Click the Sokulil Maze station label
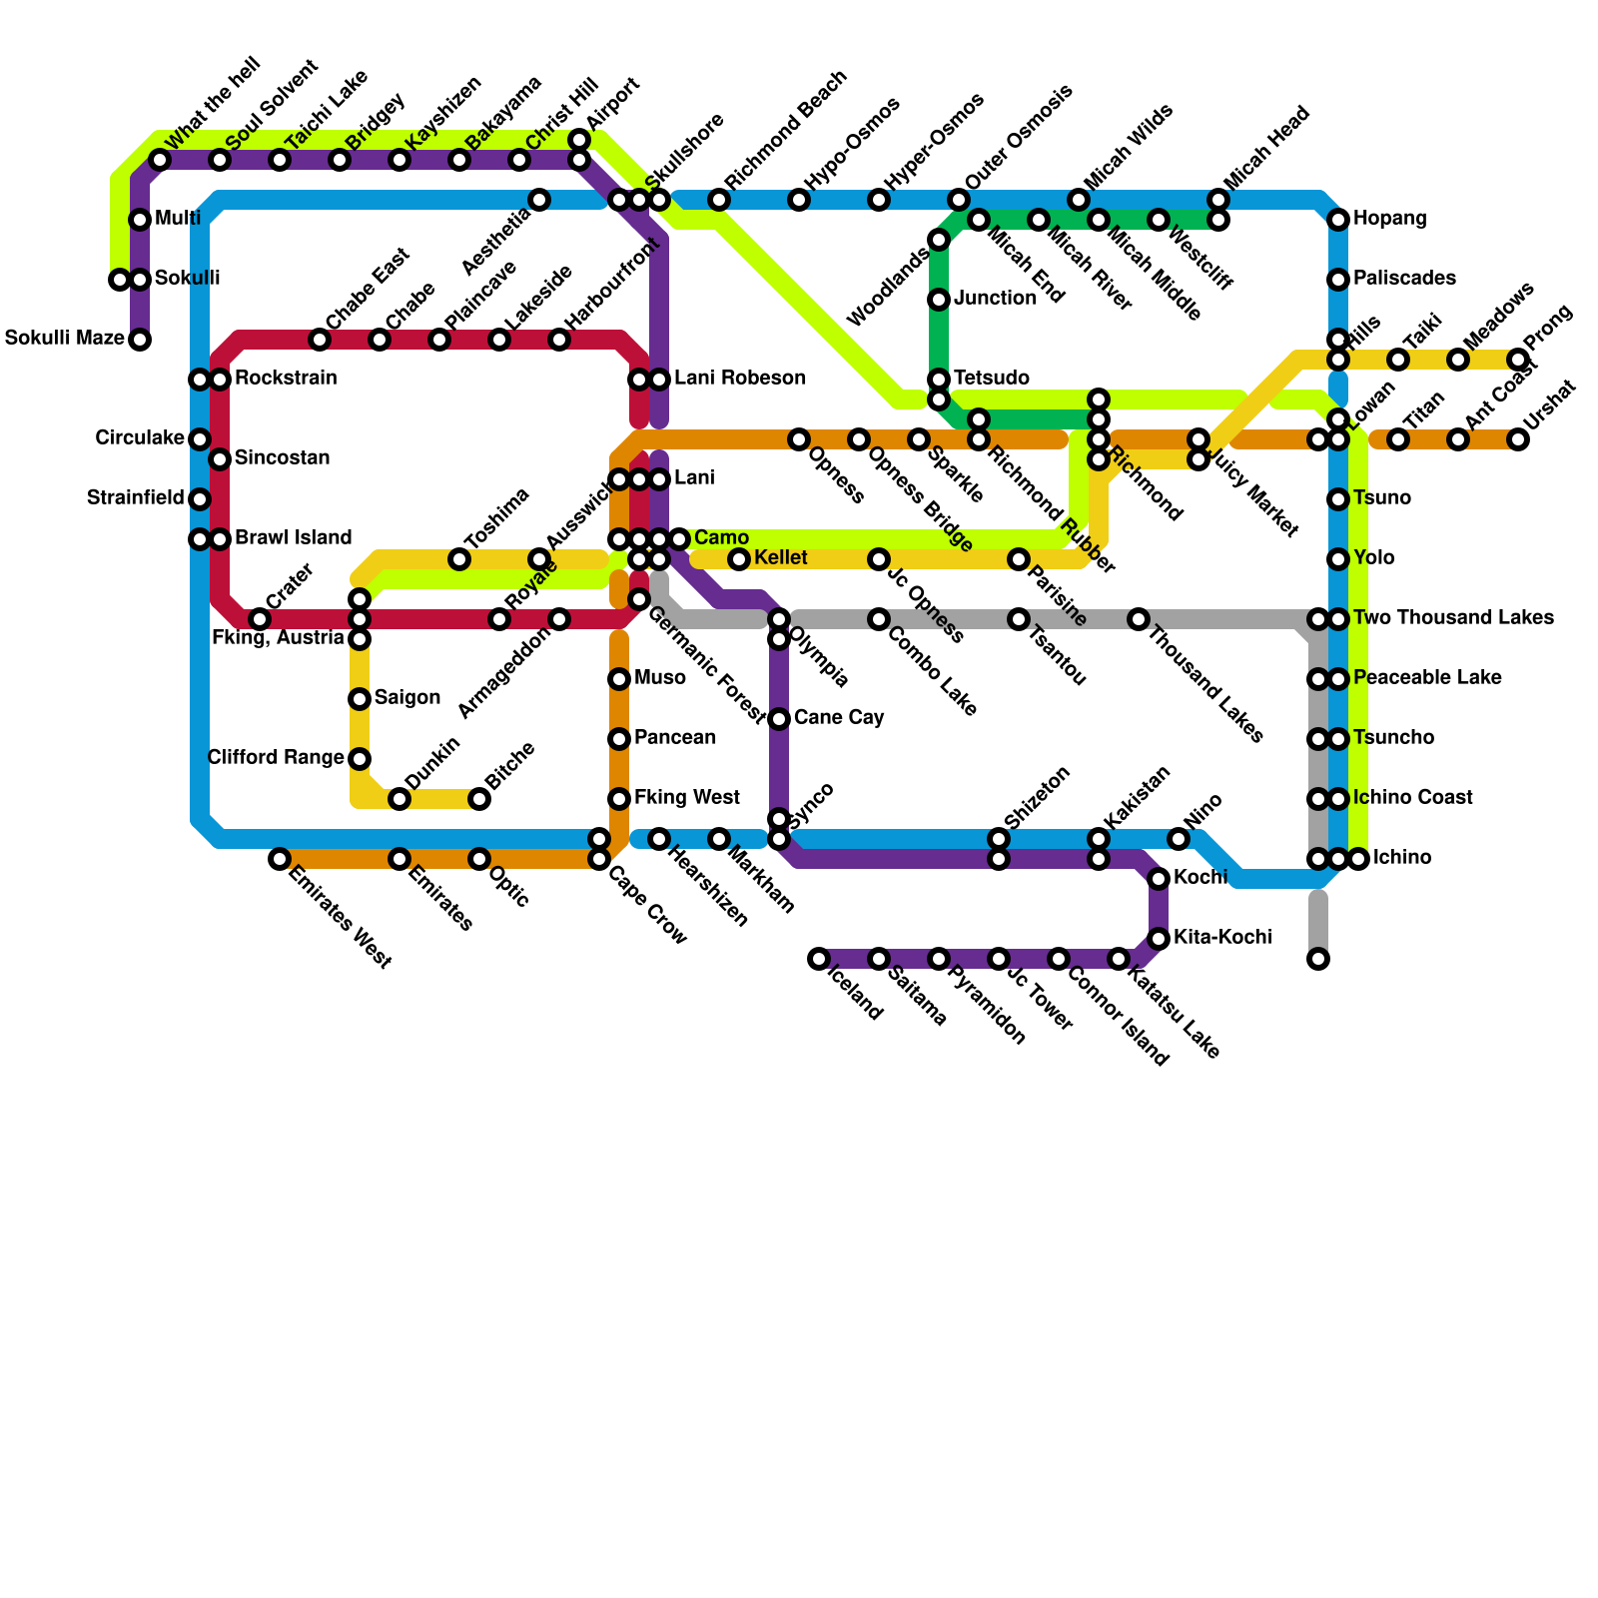pyautogui.click(x=64, y=339)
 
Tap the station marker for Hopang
pyautogui.click(x=1338, y=220)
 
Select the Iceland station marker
pyautogui.click(x=819, y=959)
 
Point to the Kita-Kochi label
pyautogui.click(x=1222, y=938)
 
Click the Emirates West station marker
pyautogui.click(x=280, y=859)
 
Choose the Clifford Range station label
pyautogui.click(x=276, y=758)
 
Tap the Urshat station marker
pyautogui.click(x=1518, y=439)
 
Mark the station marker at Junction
pyautogui.click(x=939, y=300)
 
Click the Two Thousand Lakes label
pyautogui.click(x=1453, y=618)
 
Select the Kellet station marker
pyautogui.click(x=739, y=559)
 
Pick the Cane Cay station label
pyautogui.click(x=839, y=718)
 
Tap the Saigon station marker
pyautogui.click(x=360, y=699)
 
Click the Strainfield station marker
pyautogui.click(x=200, y=499)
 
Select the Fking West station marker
pyautogui.click(x=619, y=799)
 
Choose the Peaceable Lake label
pyautogui.click(x=1427, y=678)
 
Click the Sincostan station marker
pyautogui.click(x=220, y=459)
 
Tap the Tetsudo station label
pyautogui.click(x=991, y=379)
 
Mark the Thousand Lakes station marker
pyautogui.click(x=1139, y=619)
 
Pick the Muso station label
pyautogui.click(x=659, y=678)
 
